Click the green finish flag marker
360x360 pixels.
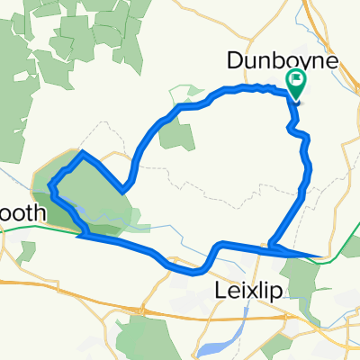click(x=296, y=84)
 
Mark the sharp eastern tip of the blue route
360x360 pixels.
click(x=319, y=256)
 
